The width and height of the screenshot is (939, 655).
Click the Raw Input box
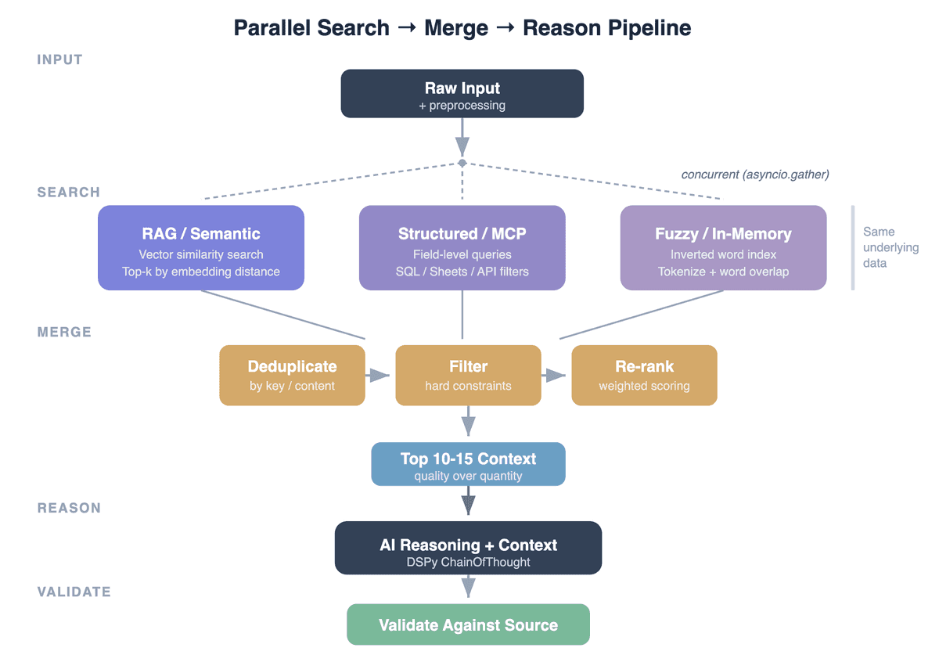pyautogui.click(x=462, y=94)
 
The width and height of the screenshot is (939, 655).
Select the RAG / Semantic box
pyautogui.click(x=201, y=247)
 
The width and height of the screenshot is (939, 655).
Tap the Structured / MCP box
pyautogui.click(x=462, y=247)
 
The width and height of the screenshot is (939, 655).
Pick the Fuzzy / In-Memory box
pyautogui.click(x=723, y=247)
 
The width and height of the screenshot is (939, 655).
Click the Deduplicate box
pyautogui.click(x=292, y=375)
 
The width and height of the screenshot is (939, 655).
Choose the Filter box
pyautogui.click(x=468, y=375)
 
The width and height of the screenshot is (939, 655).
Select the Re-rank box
pyautogui.click(x=644, y=375)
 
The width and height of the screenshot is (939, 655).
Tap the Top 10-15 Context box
pyautogui.click(x=468, y=464)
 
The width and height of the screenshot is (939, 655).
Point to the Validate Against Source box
pyautogui.click(x=468, y=624)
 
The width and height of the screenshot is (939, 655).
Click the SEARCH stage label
pyautogui.click(x=69, y=193)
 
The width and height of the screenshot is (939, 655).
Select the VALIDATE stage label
pyautogui.click(x=74, y=592)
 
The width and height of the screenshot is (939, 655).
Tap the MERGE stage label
pyautogui.click(x=64, y=332)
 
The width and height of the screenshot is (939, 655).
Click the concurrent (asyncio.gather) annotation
pyautogui.click(x=755, y=175)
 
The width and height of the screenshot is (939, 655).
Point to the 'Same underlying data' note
pyautogui.click(x=890, y=247)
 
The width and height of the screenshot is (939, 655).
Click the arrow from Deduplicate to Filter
pyautogui.click(x=379, y=376)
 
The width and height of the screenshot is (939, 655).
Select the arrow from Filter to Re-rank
pyautogui.click(x=555, y=376)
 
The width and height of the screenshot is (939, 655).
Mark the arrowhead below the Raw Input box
pyautogui.click(x=462, y=146)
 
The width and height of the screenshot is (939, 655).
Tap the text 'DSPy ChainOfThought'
pyautogui.click(x=468, y=562)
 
